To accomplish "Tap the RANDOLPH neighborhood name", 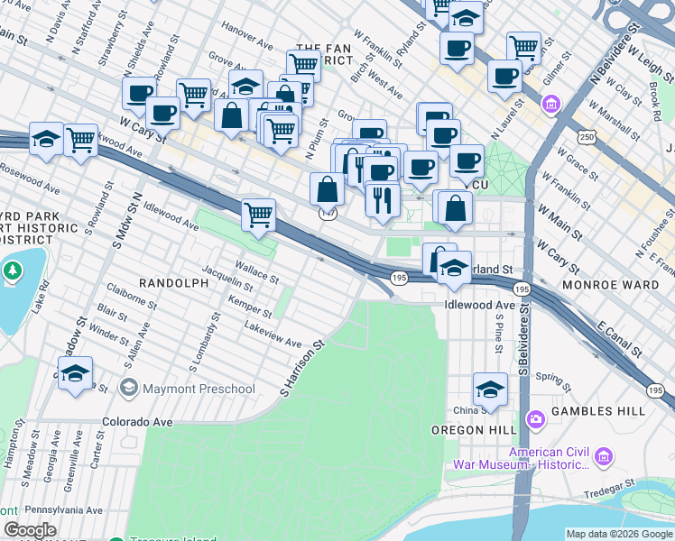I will [x=173, y=283].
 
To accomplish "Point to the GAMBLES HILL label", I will [x=600, y=411].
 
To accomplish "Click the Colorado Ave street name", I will [x=137, y=421].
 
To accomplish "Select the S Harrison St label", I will [x=301, y=369].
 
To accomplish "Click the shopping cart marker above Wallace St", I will [x=259, y=215].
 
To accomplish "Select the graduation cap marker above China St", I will [x=490, y=390].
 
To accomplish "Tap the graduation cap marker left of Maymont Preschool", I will [x=76, y=372].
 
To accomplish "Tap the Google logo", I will [x=29, y=530].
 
